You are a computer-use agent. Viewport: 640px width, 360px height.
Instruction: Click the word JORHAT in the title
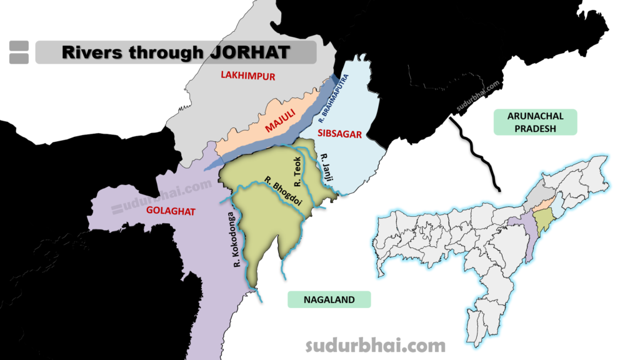pos(249,52)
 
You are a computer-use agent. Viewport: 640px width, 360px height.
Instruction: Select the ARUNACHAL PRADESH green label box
pos(536,122)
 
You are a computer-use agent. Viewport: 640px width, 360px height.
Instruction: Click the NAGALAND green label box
pos(329,299)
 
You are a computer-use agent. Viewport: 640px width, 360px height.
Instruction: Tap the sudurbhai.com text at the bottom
pos(375,345)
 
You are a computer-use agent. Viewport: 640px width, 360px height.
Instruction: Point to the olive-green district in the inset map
pos(544,219)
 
